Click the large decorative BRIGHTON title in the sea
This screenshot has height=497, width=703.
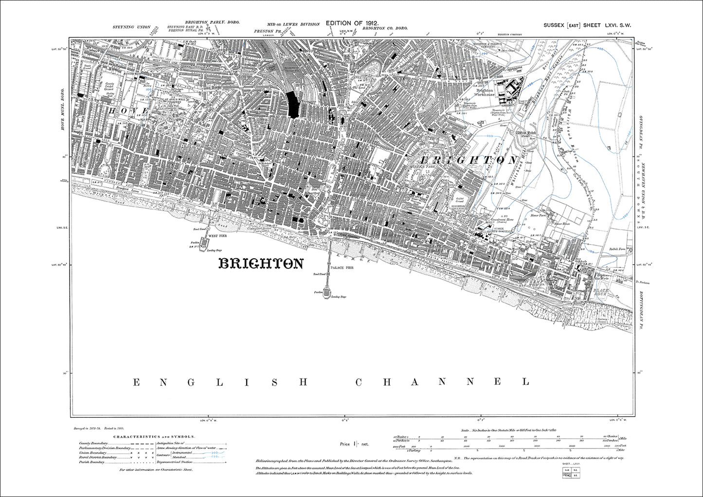tap(261, 264)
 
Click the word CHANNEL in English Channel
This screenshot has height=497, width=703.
tap(442, 382)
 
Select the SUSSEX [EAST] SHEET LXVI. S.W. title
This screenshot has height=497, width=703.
tap(587, 25)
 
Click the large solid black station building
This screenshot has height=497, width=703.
tap(293, 104)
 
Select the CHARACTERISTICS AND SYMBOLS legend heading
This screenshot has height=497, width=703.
tap(154, 437)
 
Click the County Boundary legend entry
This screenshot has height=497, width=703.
tap(93, 443)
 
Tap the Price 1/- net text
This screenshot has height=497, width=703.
tap(355, 444)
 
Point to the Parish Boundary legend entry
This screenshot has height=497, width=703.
tap(92, 462)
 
